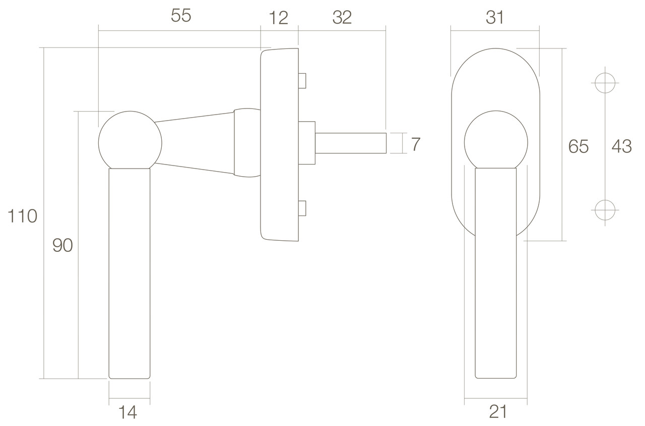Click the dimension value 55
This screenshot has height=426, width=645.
pyautogui.click(x=181, y=16)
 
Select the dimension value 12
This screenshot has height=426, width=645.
pyautogui.click(x=278, y=18)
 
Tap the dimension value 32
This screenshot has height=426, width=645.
pyautogui.click(x=342, y=18)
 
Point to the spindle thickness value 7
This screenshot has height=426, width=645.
pyautogui.click(x=415, y=144)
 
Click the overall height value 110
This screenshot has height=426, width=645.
pyautogui.click(x=22, y=216)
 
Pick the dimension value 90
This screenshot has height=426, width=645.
pyautogui.click(x=63, y=245)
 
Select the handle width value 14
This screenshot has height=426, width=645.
pyautogui.click(x=128, y=412)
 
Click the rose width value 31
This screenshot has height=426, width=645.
pyautogui.click(x=495, y=18)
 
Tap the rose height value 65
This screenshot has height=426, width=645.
pyautogui.click(x=578, y=146)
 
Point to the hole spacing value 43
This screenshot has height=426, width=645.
pyautogui.click(x=621, y=146)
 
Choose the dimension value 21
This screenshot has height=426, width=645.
pyautogui.click(x=498, y=412)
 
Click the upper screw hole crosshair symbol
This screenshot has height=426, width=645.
pyautogui.click(x=605, y=82)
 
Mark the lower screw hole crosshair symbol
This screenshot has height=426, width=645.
pyautogui.click(x=605, y=209)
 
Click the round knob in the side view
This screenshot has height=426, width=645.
pyautogui.click(x=130, y=140)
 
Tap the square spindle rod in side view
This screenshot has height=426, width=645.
pyautogui.click(x=350, y=143)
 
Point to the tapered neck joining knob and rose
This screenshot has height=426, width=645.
pyautogui.click(x=194, y=143)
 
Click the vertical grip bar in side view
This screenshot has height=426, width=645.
pyautogui.click(x=130, y=273)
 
